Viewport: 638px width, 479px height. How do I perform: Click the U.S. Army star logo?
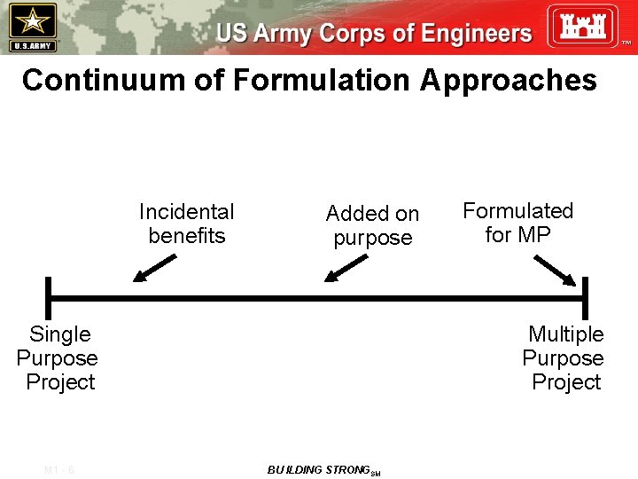32,26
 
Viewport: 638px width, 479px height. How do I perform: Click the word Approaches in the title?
509,80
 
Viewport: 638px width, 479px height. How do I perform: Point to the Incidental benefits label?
187,224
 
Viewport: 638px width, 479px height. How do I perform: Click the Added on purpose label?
372,225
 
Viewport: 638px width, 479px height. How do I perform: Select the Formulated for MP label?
517,223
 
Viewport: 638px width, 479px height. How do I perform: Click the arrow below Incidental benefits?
154,267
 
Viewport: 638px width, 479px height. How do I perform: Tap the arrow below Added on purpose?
346,268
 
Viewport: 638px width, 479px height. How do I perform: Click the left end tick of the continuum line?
49,298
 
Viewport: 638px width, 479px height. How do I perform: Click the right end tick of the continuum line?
584,298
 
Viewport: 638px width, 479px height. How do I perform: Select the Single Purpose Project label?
58,358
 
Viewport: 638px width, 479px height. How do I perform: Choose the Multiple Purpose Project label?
564,358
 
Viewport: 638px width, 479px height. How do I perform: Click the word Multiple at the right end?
565,334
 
